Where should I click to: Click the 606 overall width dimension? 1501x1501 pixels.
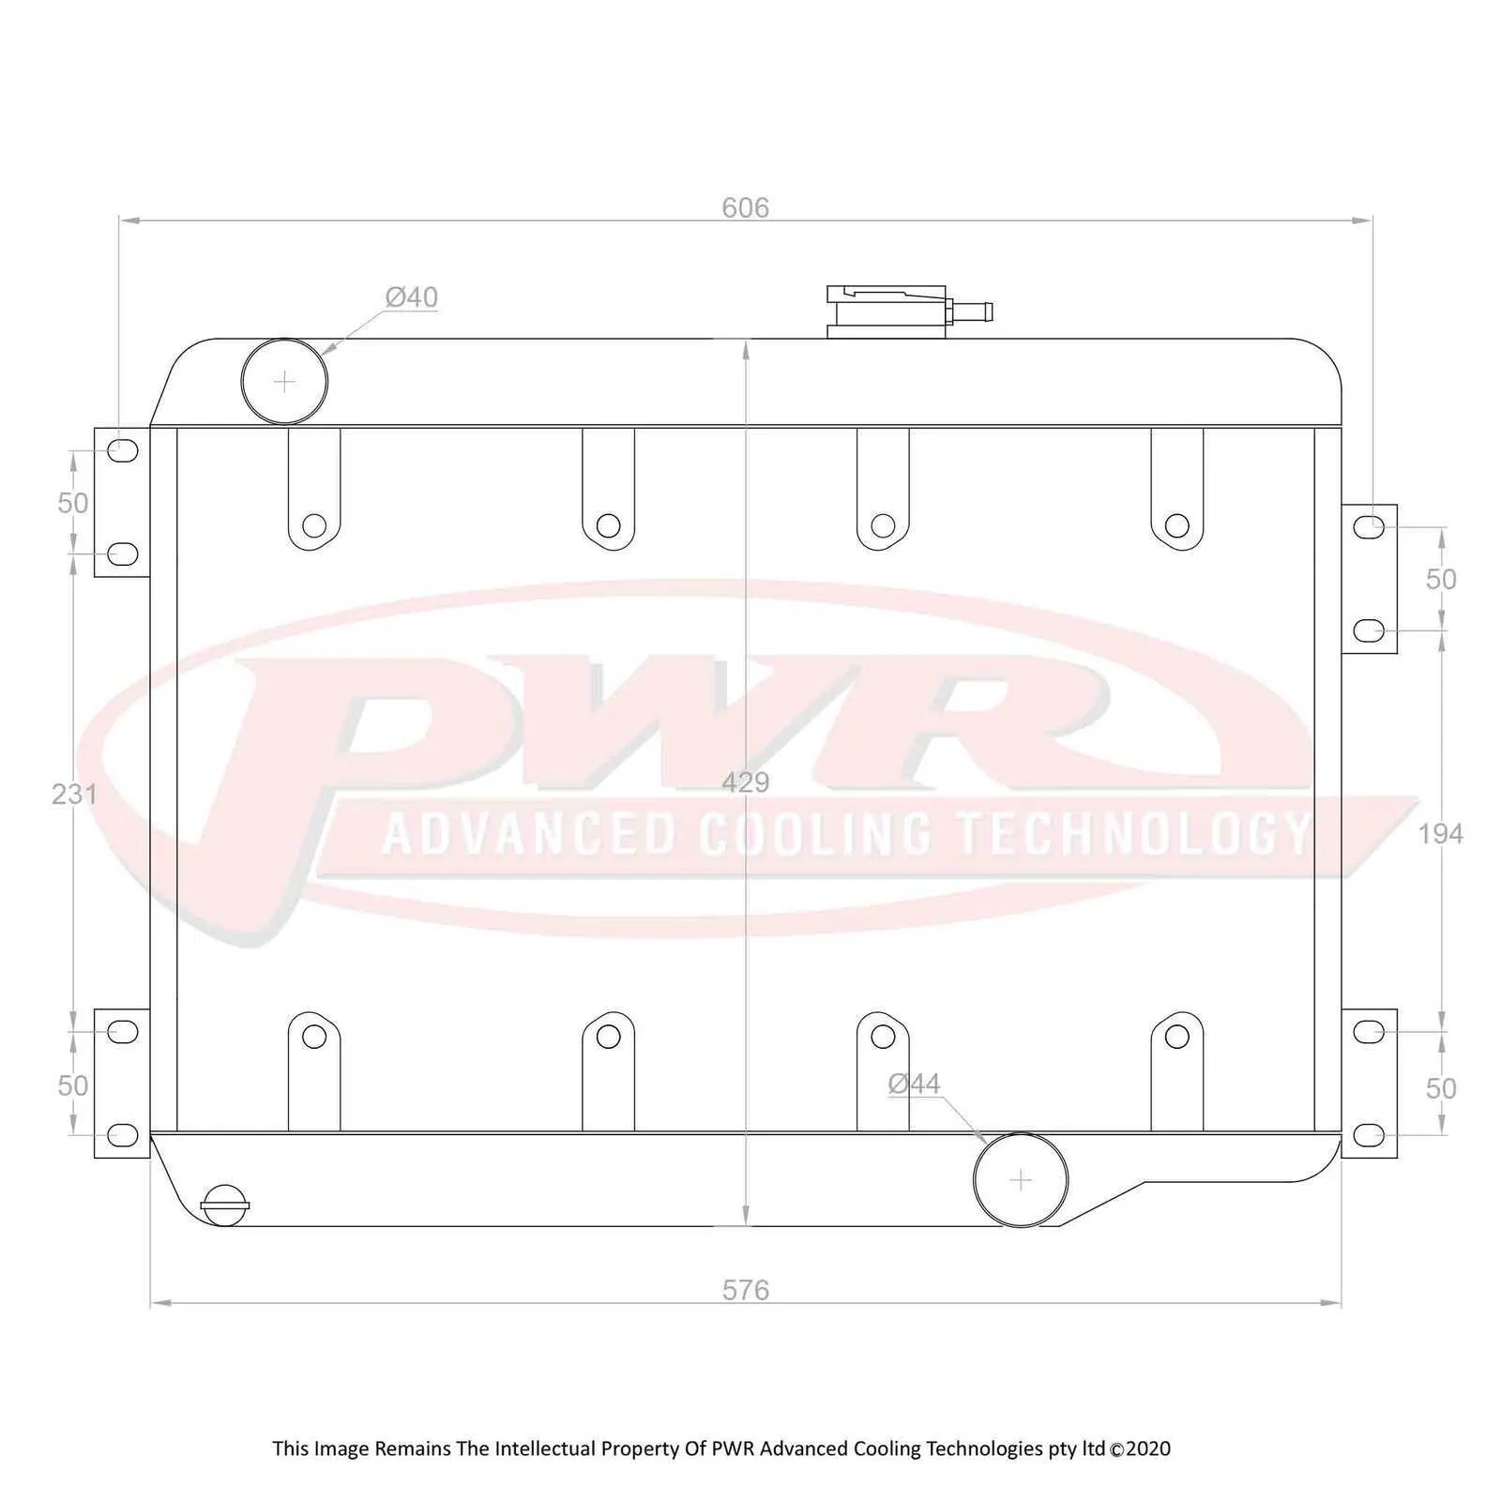(x=745, y=207)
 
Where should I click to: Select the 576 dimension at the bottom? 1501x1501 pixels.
(x=745, y=1290)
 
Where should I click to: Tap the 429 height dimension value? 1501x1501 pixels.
(x=745, y=781)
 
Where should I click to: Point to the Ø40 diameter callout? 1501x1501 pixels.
(x=412, y=296)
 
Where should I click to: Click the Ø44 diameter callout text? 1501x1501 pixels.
(x=914, y=1084)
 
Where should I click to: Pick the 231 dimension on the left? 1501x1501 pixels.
(x=74, y=794)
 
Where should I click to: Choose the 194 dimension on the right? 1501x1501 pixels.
(x=1440, y=832)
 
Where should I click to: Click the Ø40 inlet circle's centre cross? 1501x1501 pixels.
(x=284, y=382)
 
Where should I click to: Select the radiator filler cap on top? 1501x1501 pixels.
(x=887, y=311)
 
